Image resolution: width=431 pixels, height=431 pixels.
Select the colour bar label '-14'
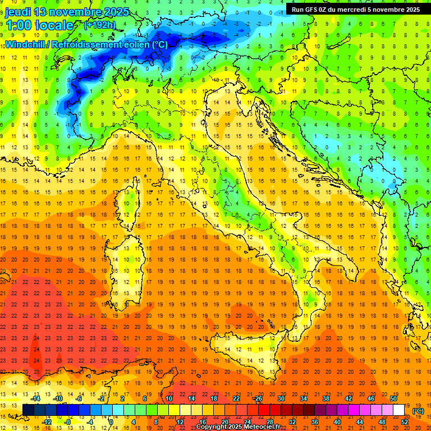pos(35,398)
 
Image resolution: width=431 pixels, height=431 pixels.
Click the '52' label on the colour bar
pos(405,421)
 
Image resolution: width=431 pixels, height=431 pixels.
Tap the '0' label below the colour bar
pos(111,421)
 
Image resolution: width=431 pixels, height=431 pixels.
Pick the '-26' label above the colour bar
pos(258,398)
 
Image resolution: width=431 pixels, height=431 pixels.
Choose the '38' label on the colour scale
pos(325,398)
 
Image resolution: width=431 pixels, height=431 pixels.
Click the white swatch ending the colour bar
pos(398,410)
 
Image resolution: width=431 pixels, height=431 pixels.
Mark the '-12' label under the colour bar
pos(47,421)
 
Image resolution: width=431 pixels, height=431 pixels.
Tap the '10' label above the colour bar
pos(168,398)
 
